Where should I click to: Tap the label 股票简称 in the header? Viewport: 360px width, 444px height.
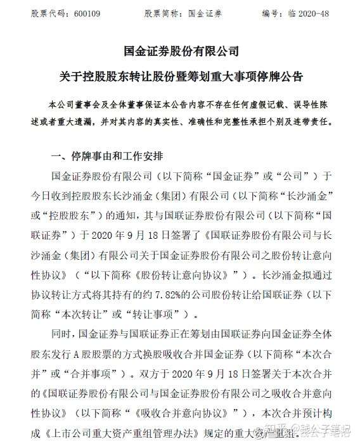[x=164, y=13]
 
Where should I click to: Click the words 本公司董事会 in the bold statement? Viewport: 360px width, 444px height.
[x=70, y=104]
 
